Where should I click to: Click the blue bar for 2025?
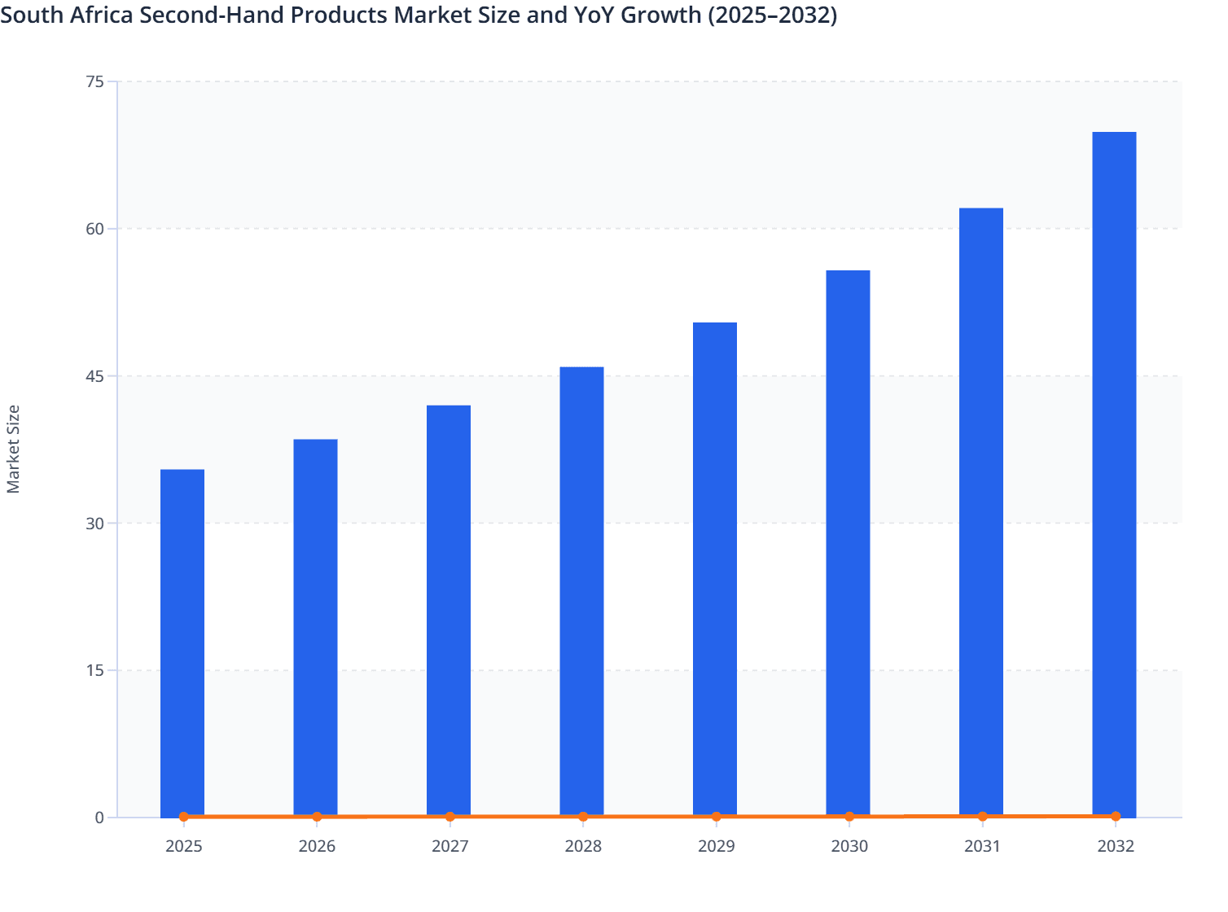tap(182, 642)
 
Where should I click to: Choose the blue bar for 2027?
tap(449, 611)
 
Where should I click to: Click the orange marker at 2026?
tap(317, 817)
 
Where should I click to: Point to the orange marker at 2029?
tap(717, 817)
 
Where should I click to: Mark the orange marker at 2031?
tap(982, 816)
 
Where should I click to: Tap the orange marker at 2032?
tap(1115, 816)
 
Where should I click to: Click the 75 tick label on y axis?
tap(94, 81)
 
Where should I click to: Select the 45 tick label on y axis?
tap(94, 376)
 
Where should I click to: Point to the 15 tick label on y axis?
tap(94, 671)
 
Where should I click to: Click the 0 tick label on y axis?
tap(99, 818)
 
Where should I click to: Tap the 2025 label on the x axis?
tap(183, 846)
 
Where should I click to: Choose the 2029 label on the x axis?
tap(717, 846)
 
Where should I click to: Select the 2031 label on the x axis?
tap(982, 846)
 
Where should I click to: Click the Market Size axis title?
tap(14, 449)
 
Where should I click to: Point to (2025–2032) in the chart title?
tap(772, 15)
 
